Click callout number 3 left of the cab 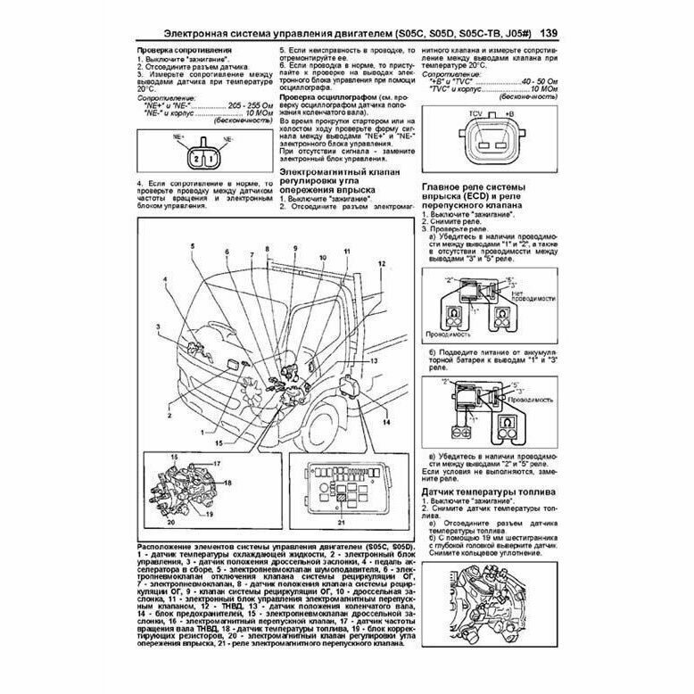pos(158,328)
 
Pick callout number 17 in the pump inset pos(215,464)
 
